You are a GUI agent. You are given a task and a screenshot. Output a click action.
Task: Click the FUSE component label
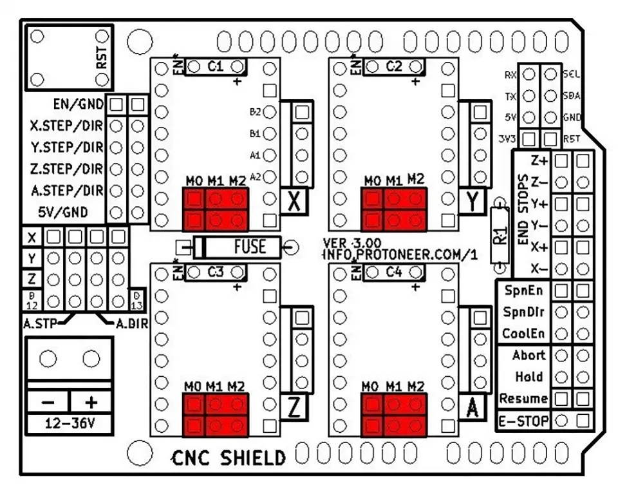pyautogui.click(x=249, y=247)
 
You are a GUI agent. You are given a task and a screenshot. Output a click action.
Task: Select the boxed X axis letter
pyautogui.click(x=294, y=202)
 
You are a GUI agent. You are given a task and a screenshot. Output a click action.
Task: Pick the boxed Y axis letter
pyautogui.click(x=474, y=202)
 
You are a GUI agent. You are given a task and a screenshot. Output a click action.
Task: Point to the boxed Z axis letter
pyautogui.click(x=294, y=408)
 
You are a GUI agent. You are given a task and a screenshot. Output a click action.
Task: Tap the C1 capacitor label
pyautogui.click(x=215, y=66)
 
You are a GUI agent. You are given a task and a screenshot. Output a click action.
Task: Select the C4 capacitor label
pyautogui.click(x=394, y=272)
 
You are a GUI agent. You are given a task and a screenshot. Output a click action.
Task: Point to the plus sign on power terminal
pyautogui.click(x=90, y=403)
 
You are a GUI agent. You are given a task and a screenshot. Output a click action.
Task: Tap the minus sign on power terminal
pyautogui.click(x=48, y=403)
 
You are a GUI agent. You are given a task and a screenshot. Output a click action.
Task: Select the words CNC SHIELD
pyautogui.click(x=229, y=458)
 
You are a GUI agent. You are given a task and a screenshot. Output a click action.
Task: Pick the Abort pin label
pyautogui.click(x=529, y=355)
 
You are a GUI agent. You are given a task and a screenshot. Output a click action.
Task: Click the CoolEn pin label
pyautogui.click(x=524, y=334)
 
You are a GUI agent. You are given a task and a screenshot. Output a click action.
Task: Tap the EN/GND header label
pyautogui.click(x=79, y=103)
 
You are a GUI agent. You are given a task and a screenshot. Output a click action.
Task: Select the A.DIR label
pyautogui.click(x=131, y=324)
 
